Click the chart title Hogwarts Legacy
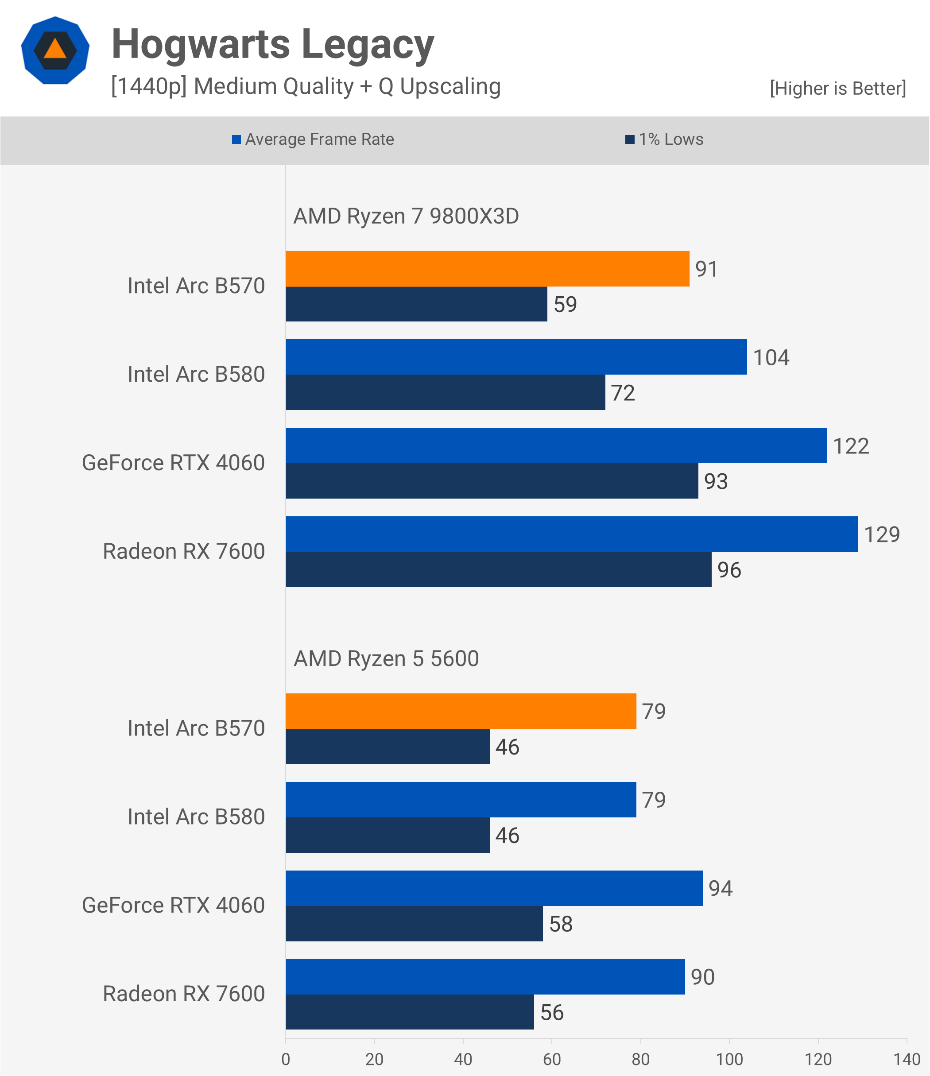[x=273, y=45]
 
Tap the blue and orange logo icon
[x=55, y=50]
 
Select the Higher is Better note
[x=837, y=88]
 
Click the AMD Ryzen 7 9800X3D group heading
[x=406, y=216]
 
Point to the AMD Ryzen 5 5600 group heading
[x=386, y=658]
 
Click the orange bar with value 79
[x=461, y=711]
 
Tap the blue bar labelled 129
[x=571, y=534]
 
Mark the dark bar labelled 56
[x=410, y=1012]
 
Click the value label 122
[x=851, y=446]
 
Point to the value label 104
[x=771, y=358]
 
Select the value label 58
[x=561, y=924]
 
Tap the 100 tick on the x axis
[x=729, y=1059]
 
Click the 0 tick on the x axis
[x=286, y=1059]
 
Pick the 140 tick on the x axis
[x=907, y=1059]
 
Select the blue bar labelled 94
[x=494, y=888]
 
